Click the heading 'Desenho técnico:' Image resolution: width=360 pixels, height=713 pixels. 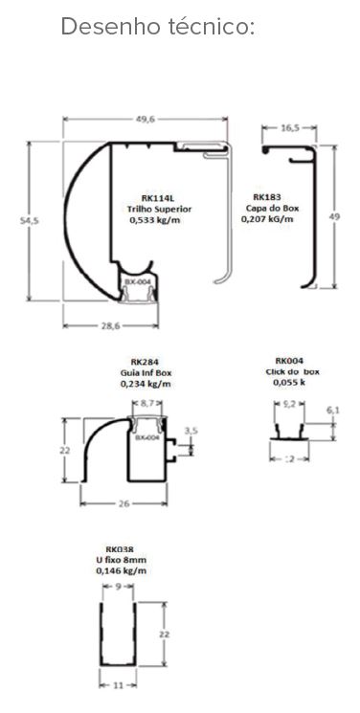point(158,27)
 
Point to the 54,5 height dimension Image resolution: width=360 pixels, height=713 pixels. point(31,221)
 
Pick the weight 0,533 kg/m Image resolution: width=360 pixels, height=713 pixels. point(154,218)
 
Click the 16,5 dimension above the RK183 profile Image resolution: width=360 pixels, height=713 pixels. point(289,126)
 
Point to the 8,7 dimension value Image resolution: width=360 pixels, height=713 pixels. point(146,406)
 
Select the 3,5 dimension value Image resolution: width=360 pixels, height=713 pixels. point(191,431)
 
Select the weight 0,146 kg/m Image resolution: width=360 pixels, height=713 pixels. point(122,570)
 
